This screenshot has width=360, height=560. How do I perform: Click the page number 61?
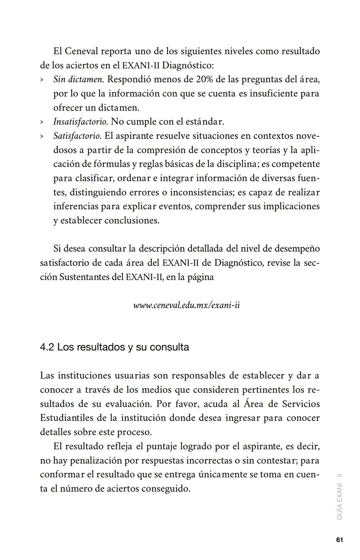(339, 540)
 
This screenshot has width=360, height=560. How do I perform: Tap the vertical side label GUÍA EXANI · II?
(340, 496)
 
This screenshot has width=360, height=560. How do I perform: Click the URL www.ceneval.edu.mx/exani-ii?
(186, 305)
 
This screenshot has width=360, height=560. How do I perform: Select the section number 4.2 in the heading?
(47, 347)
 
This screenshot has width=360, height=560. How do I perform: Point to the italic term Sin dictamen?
(79, 79)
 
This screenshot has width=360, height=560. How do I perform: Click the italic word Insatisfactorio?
(80, 122)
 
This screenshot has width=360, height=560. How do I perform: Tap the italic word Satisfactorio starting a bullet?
(77, 136)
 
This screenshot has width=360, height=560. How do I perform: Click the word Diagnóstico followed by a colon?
(188, 65)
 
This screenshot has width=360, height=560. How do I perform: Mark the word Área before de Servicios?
(253, 404)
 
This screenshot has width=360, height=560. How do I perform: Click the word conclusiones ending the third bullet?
(132, 221)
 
